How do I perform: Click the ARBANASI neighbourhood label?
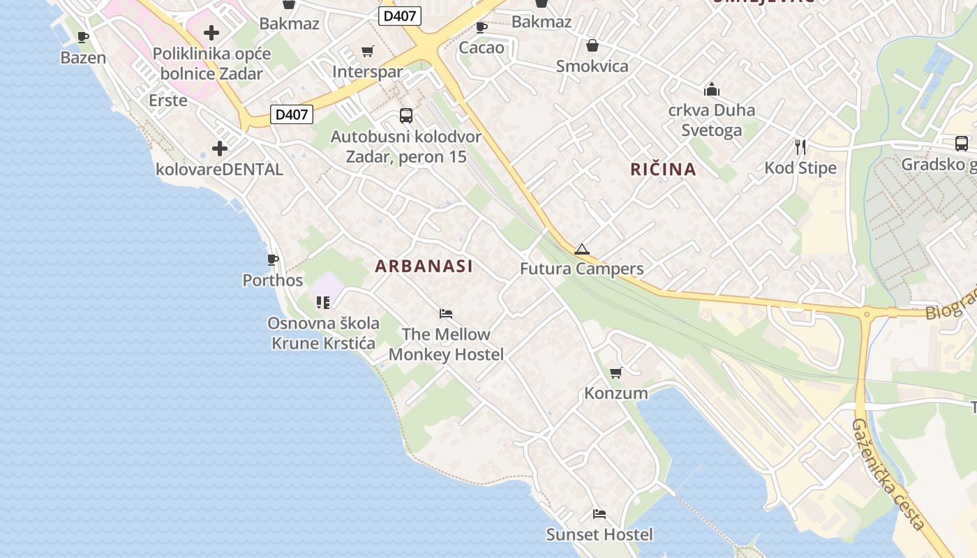click(x=424, y=266)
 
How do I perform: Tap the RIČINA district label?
click(x=663, y=169)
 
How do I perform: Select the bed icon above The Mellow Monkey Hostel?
click(x=446, y=314)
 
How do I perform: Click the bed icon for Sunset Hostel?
click(x=599, y=515)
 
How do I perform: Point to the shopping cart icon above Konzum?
click(x=616, y=373)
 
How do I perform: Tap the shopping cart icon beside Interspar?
click(x=368, y=51)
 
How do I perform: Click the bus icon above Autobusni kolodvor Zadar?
click(x=405, y=116)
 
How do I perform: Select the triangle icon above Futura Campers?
click(x=581, y=249)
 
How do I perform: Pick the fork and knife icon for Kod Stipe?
click(x=800, y=147)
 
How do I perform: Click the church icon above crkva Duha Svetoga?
click(x=712, y=89)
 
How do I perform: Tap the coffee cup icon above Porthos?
click(x=273, y=260)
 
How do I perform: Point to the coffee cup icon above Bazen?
click(x=83, y=38)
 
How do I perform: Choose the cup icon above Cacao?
click(x=481, y=28)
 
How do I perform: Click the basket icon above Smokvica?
click(x=592, y=46)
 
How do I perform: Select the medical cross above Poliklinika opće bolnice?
click(x=211, y=33)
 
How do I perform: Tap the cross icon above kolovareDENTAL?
click(x=220, y=149)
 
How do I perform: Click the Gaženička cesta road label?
click(x=890, y=475)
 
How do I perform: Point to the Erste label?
click(x=168, y=100)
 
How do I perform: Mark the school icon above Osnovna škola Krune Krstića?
click(x=322, y=303)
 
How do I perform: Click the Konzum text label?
click(x=616, y=393)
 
